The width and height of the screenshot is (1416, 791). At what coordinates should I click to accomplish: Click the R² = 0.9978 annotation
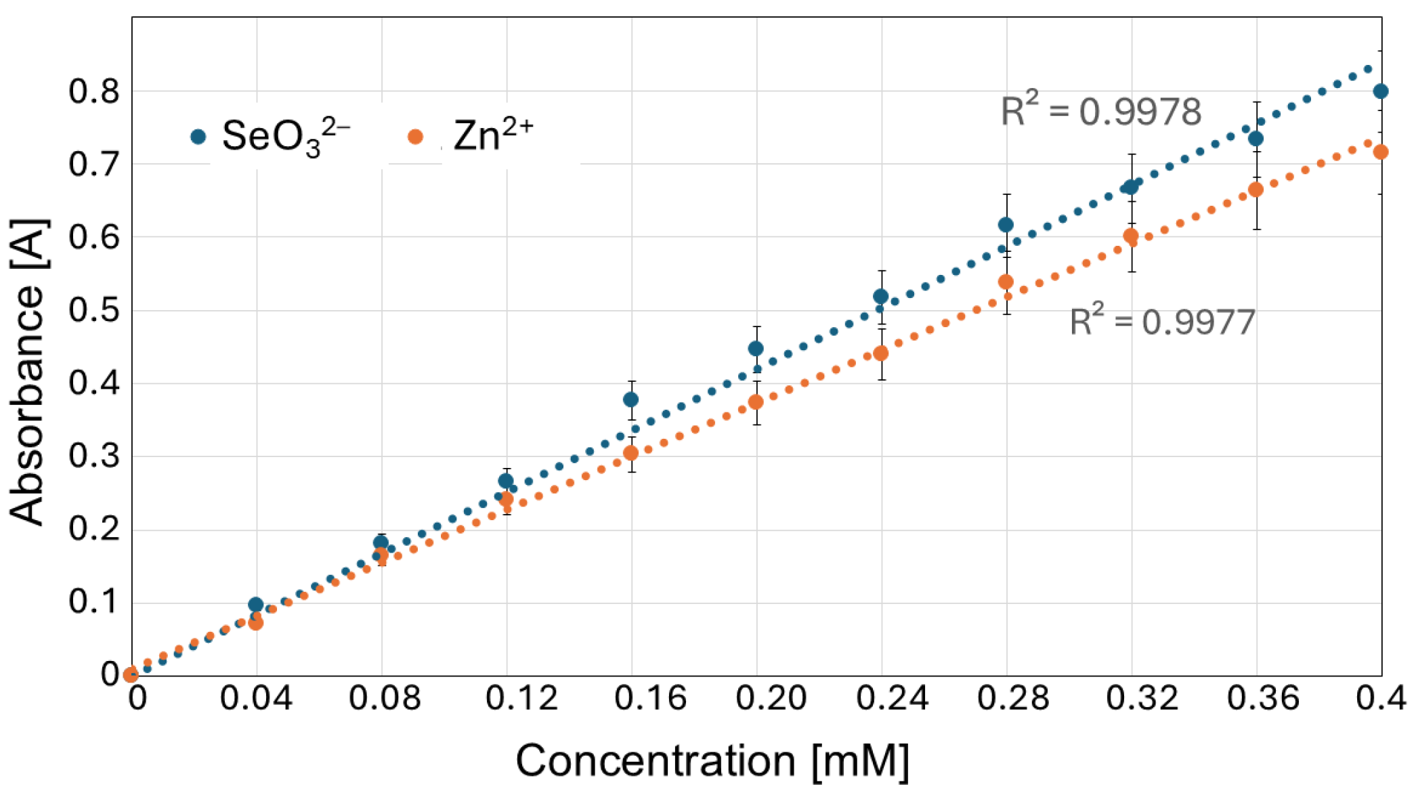coord(1100,111)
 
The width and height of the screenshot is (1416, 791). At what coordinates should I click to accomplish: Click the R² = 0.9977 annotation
coord(1162,321)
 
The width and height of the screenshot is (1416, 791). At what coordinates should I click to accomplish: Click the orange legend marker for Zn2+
coord(415,137)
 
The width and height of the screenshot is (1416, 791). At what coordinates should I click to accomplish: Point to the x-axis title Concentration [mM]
coord(712,760)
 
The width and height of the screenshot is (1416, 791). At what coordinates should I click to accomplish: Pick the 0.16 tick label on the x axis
coord(649,698)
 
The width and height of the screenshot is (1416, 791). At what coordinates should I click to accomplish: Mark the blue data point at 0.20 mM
coord(756,349)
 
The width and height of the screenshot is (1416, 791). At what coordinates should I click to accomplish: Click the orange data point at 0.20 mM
coord(756,402)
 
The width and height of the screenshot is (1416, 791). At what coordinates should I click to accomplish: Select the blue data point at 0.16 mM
coord(630,400)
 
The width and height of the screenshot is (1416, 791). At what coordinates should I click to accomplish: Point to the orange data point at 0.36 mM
coord(1256,190)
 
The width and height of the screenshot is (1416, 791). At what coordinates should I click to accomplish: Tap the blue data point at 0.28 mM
coord(1006,225)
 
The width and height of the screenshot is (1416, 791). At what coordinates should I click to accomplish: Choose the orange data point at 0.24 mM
coord(880,354)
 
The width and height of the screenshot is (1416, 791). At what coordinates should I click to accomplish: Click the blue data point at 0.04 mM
coord(255,605)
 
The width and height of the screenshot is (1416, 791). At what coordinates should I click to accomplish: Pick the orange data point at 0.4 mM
coord(1380,152)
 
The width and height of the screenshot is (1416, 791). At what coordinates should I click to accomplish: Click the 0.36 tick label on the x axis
coord(1263,698)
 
